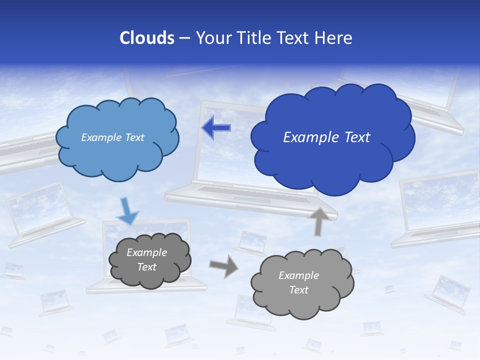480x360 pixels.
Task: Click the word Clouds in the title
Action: pos(146,38)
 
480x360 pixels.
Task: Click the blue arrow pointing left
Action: pos(216,128)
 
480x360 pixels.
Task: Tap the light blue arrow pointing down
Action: pos(127,211)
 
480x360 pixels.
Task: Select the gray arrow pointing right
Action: pos(223,265)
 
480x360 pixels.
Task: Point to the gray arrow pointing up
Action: pos(318,221)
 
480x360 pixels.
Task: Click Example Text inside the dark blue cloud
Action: pos(326,137)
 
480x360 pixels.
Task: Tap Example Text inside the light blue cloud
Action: pos(112,137)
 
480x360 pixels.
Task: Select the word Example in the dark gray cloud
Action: pos(146,252)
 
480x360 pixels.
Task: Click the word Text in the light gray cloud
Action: pos(298,290)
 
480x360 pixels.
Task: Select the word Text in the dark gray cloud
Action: pos(146,267)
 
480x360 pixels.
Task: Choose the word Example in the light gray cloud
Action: pos(298,275)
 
